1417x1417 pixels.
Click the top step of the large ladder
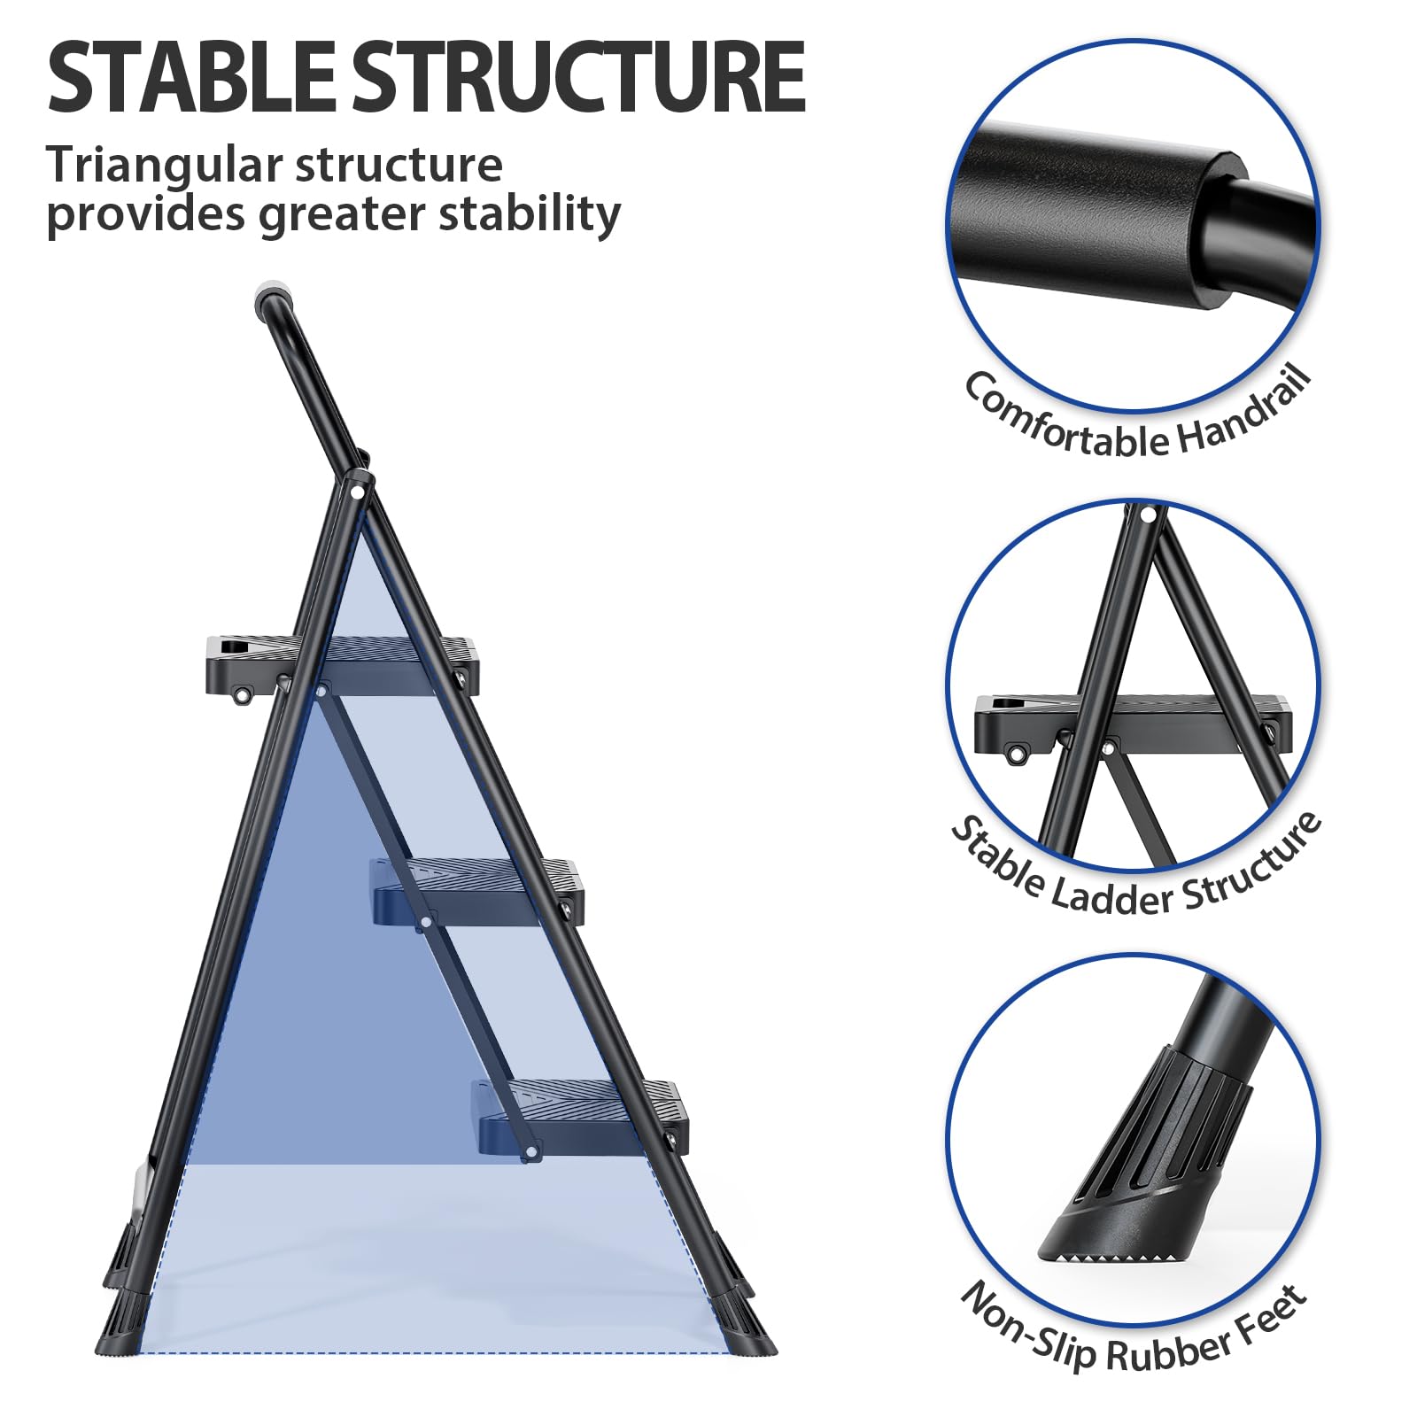pyautogui.click(x=342, y=665)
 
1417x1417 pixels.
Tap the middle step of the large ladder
pyautogui.click(x=478, y=890)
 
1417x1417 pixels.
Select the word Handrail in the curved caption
pyautogui.click(x=1244, y=414)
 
